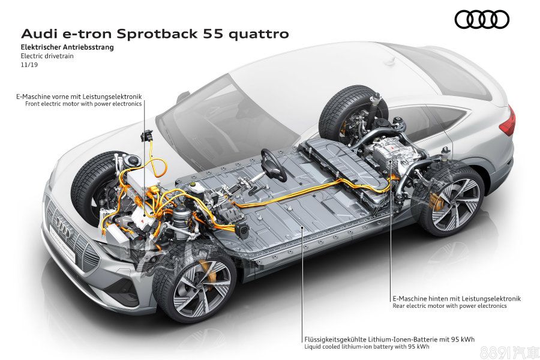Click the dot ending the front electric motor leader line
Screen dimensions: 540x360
[x=144, y=214]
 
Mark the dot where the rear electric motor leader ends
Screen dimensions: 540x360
[x=390, y=161]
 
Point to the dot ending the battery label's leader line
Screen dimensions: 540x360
[x=302, y=227]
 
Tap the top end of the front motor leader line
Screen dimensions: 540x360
[x=144, y=100]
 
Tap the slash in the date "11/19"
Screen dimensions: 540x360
[x=29, y=64]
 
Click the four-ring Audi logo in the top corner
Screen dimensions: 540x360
[x=482, y=19]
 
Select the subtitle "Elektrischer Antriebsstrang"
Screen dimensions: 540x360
[x=67, y=47]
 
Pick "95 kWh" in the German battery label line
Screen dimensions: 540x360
[x=463, y=340]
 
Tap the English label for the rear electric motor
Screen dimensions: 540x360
[x=449, y=305]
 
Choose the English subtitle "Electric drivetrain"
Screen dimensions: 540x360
[x=47, y=56]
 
